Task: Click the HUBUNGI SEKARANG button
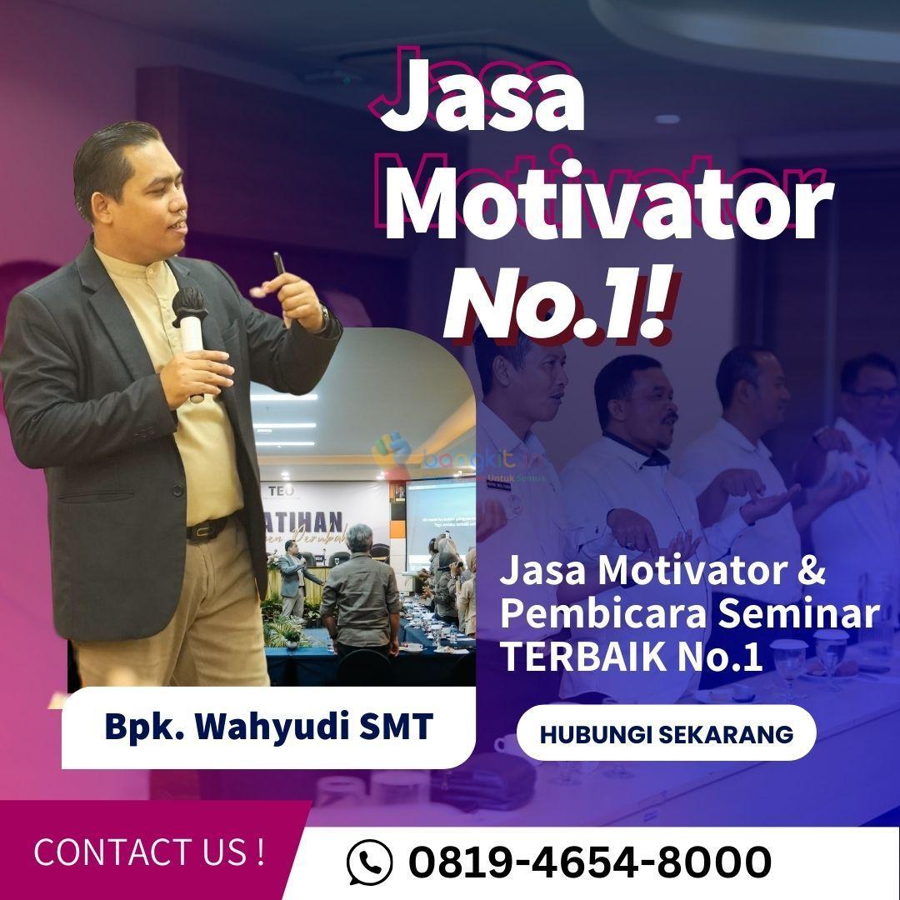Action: coord(666,733)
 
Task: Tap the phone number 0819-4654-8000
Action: coord(589,862)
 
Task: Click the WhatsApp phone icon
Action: coord(369,862)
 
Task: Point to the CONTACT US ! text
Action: coord(149,852)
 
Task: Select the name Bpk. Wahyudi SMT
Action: coord(268,726)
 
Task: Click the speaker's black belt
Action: coord(208,528)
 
